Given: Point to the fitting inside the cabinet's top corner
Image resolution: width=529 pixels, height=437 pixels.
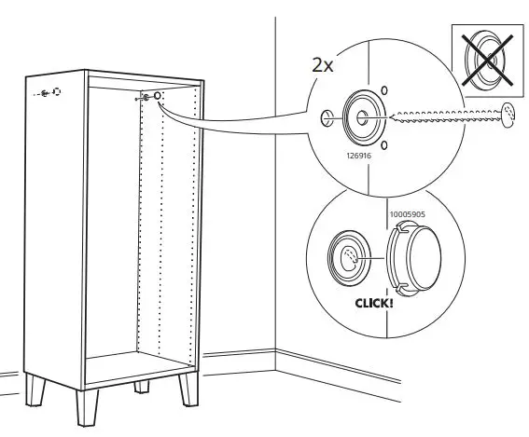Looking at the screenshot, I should [x=157, y=96].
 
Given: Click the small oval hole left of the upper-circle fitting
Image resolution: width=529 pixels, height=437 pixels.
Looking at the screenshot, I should [x=327, y=117].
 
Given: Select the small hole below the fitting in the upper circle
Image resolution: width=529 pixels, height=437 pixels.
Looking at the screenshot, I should [x=383, y=143].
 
